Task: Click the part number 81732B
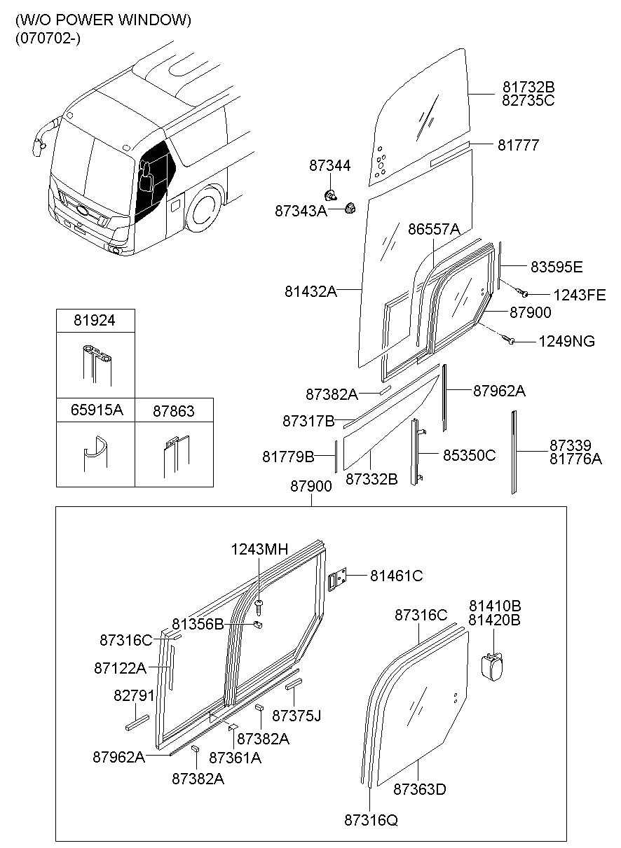528,88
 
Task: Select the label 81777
518,145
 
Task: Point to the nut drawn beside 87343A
352,207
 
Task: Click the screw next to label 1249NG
510,340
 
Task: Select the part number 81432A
310,291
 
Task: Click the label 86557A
434,229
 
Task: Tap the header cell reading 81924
95,321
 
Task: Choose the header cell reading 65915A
95,410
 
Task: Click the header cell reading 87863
173,410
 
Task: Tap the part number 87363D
419,789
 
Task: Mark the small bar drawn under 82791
137,723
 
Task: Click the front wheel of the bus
205,208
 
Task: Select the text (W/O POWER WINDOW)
102,20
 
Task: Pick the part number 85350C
469,455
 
